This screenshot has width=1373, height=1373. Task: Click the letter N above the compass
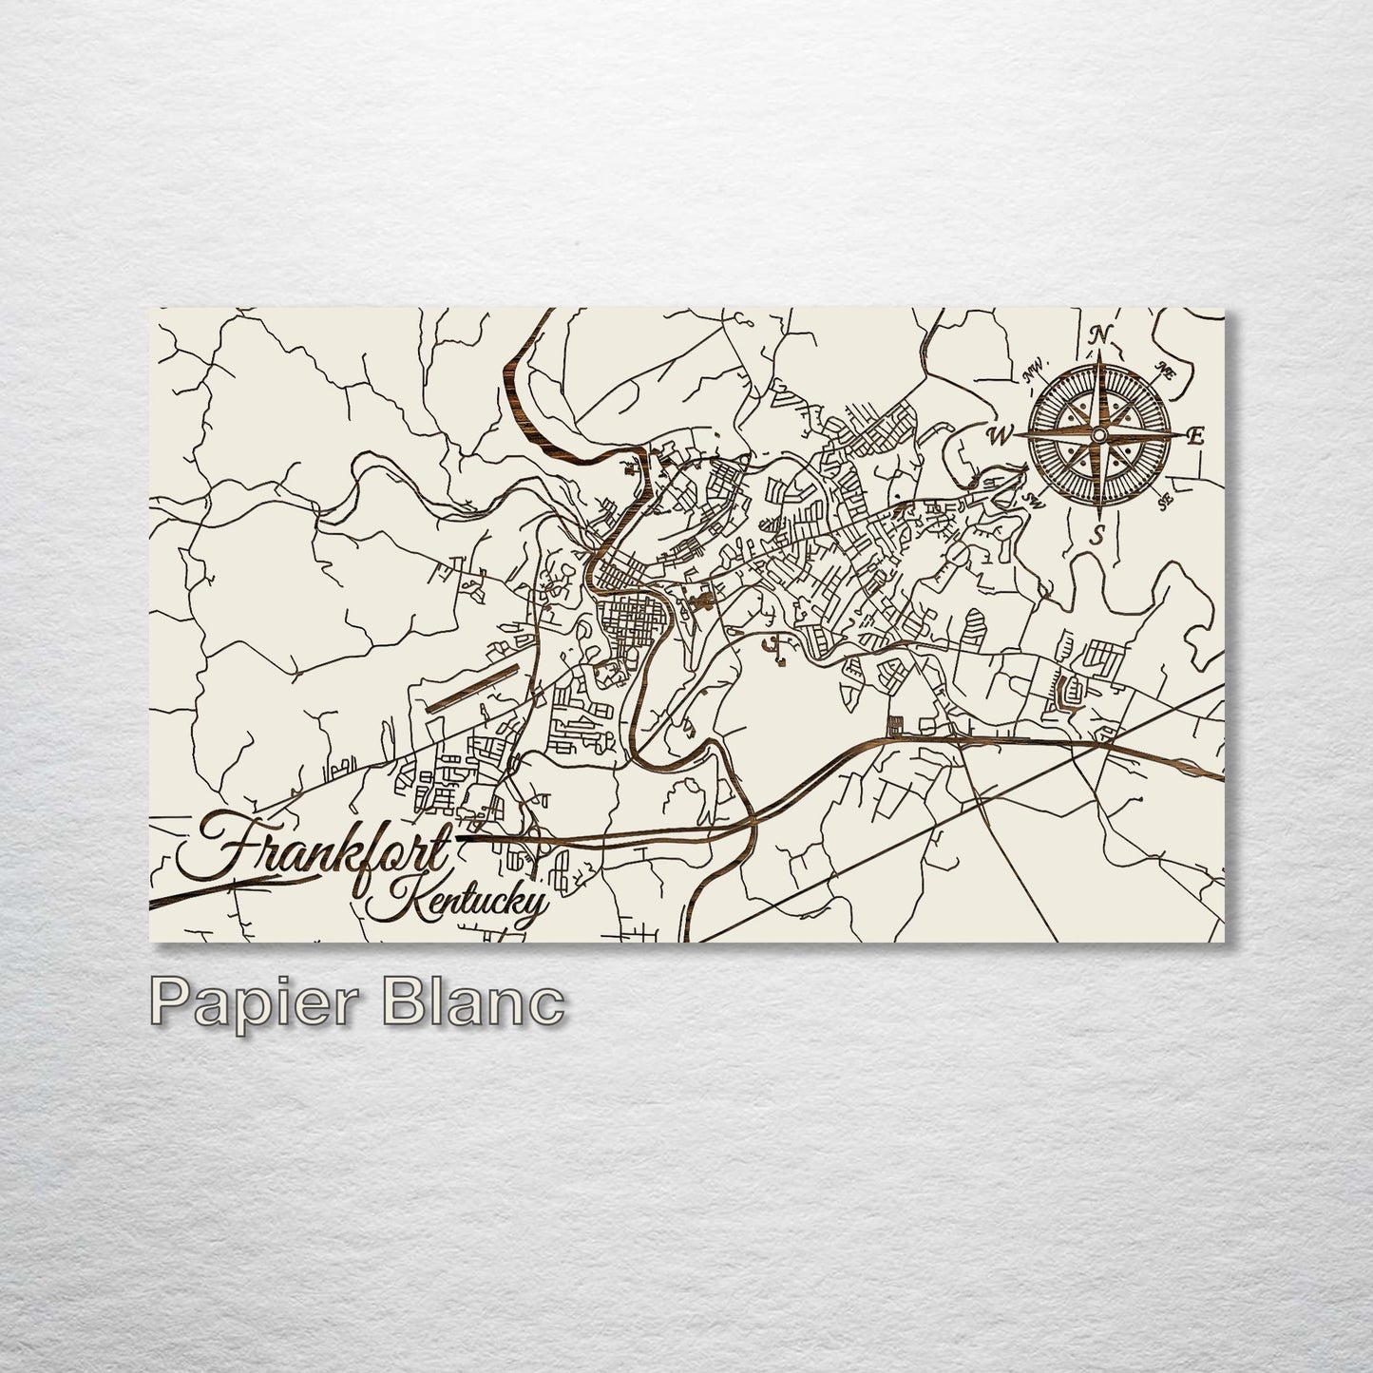point(1100,335)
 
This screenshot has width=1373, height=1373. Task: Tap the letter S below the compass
point(1098,535)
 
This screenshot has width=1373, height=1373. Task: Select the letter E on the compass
point(1196,436)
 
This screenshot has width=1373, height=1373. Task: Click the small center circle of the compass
point(1098,434)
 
